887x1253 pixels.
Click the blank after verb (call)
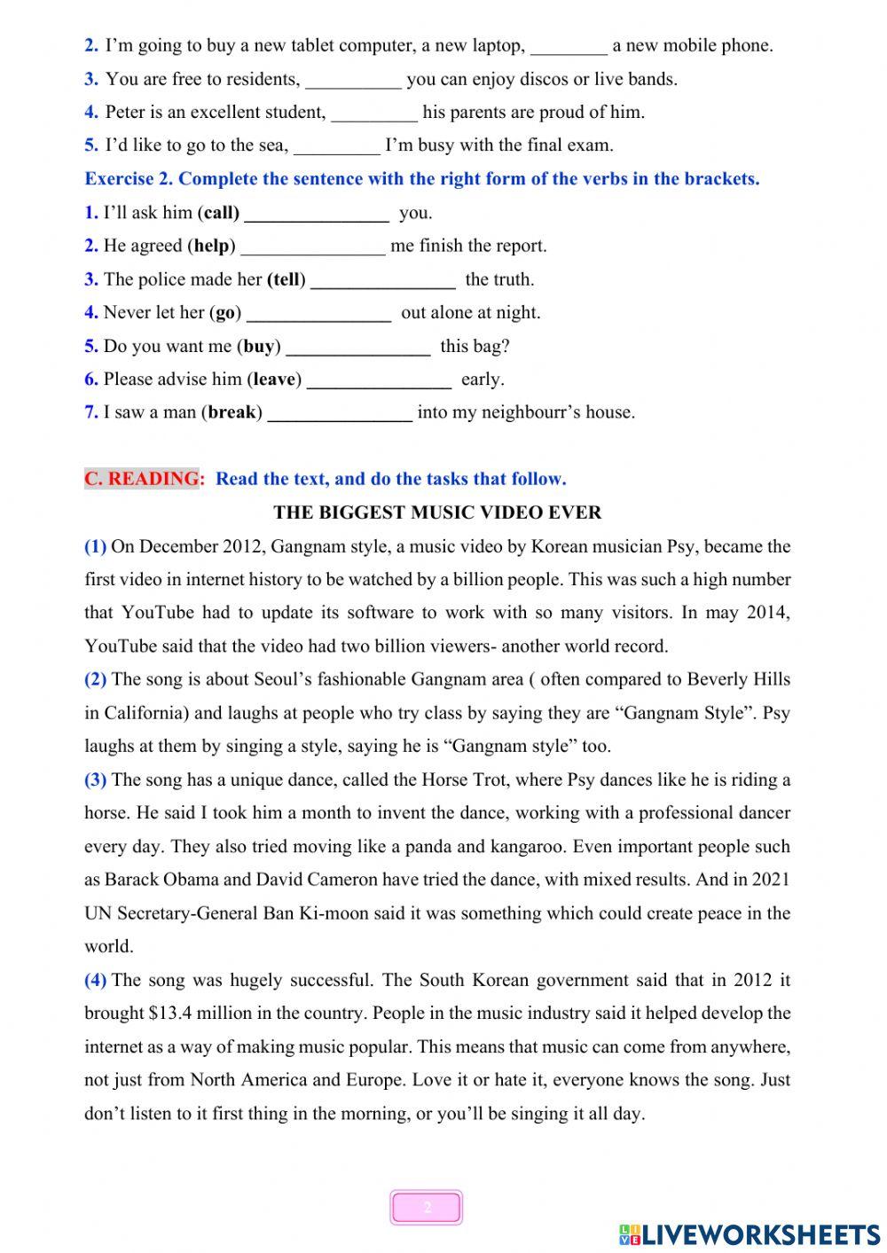click(316, 214)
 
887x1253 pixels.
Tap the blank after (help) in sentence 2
click(313, 247)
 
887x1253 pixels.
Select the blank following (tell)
click(383, 280)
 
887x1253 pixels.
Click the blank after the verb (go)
click(318, 313)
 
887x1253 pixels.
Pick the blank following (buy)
click(358, 347)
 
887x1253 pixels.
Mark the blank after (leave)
click(379, 380)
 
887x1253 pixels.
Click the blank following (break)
click(340, 413)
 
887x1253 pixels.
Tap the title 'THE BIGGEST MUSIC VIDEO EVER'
click(437, 513)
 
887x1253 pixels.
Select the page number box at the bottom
click(427, 1208)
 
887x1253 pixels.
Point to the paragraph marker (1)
click(95, 546)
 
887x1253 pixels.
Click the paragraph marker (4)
click(95, 980)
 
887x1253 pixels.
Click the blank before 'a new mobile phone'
click(569, 46)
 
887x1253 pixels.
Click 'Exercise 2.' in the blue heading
click(129, 179)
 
